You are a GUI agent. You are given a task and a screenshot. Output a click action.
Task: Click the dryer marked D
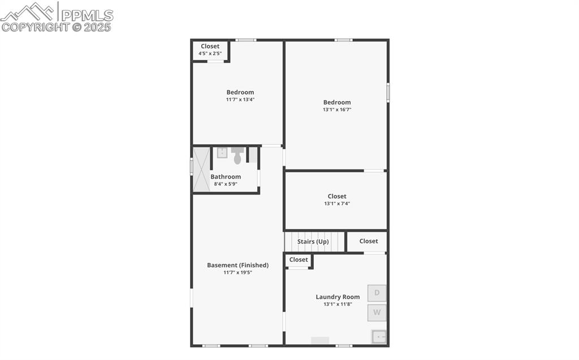pos(377,293)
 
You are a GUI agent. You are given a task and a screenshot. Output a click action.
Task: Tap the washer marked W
pos(377,313)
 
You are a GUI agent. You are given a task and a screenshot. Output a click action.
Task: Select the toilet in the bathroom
pos(238,155)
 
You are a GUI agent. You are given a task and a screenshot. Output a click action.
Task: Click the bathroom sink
pos(222,153)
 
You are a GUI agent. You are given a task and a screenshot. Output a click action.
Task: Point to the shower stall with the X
pos(201,169)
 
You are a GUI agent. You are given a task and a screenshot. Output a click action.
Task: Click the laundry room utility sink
pos(379,337)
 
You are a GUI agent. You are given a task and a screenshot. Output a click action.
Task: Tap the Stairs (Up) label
pos(313,241)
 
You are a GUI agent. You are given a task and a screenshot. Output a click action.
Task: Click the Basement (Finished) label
pos(238,265)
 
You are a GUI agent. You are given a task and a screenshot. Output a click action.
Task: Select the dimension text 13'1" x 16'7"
pos(337,110)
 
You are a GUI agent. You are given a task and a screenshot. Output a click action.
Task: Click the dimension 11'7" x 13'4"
pos(240,99)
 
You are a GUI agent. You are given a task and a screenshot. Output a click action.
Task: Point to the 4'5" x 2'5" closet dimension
pos(210,54)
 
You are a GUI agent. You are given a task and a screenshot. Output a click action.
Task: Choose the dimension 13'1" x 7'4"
pos(337,203)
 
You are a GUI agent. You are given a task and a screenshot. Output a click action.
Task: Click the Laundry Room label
pos(338,297)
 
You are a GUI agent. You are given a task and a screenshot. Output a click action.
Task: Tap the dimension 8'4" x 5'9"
pos(226,184)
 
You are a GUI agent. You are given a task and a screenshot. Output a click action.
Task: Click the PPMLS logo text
pos(87,15)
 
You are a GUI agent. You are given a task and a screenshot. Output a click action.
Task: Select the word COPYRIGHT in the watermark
pos(36,27)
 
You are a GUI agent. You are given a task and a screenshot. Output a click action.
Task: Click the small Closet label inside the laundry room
pos(299,259)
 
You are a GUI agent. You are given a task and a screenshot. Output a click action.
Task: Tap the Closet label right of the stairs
pos(369,241)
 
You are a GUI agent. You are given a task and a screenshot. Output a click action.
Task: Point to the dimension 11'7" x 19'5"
pos(238,272)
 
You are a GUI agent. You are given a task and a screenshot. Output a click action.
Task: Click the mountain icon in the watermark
pos(27,12)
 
